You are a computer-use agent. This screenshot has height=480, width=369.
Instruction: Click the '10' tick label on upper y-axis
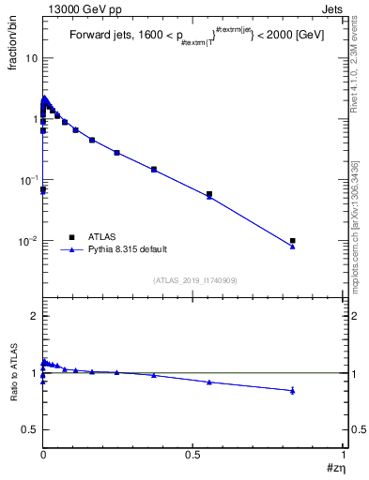pos(30,58)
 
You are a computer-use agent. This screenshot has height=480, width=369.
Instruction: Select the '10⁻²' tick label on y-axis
pos(28,241)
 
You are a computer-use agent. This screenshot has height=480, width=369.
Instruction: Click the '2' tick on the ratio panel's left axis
pos(34,317)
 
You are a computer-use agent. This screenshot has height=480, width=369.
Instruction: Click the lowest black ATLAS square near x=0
pos(42,189)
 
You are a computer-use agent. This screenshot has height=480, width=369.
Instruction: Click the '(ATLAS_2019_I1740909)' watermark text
pos(194,280)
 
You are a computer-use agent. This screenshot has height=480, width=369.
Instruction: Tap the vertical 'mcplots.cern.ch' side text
pos(358,262)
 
